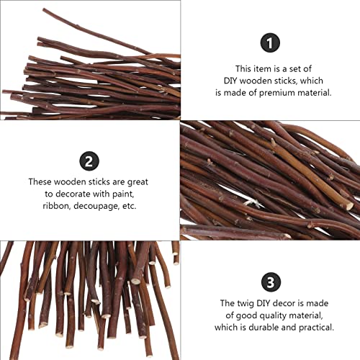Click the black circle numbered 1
pyautogui.click(x=269, y=44)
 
